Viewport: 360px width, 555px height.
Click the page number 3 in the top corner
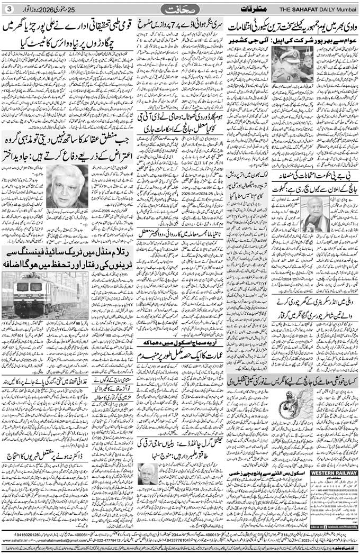(x=7, y=8)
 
